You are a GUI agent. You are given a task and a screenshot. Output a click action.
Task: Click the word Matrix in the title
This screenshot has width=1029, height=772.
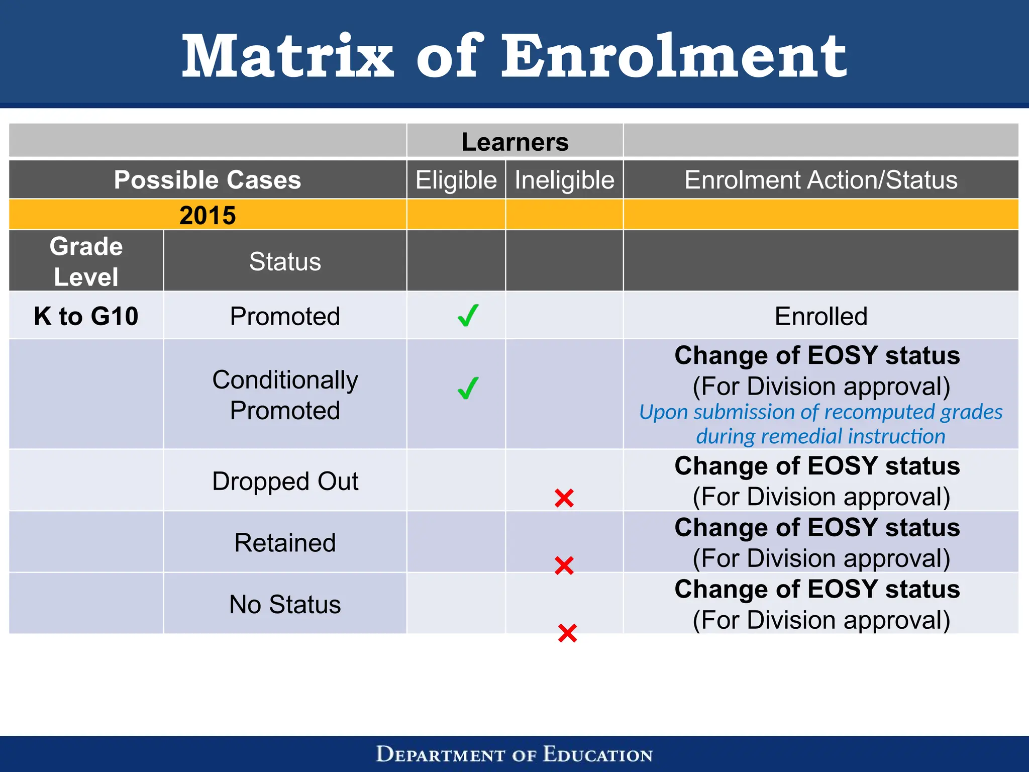coord(287,56)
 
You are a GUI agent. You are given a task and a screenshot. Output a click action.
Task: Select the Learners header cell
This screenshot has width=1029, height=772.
coord(514,142)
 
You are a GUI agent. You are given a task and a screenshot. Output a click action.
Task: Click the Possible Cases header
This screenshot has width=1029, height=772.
coord(207,180)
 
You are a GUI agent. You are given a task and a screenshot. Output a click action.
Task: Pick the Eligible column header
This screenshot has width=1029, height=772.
coord(456,180)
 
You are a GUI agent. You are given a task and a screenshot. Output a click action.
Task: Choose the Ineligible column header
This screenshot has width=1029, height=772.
coord(564,180)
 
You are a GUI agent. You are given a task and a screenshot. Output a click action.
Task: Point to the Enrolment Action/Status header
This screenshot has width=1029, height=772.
coord(820,180)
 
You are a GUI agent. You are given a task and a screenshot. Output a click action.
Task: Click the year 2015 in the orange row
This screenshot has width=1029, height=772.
coord(207,215)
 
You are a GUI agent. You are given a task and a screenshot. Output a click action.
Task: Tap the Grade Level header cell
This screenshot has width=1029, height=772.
coord(86,261)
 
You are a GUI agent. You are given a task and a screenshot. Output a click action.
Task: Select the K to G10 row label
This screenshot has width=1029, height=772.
coord(86,316)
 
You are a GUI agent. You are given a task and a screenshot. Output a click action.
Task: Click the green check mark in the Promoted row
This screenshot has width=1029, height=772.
coord(468,316)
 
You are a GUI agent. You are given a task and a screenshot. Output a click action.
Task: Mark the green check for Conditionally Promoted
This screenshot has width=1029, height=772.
coord(468,389)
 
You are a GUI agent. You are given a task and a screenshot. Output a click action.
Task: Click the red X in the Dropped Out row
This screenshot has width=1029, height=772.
coord(564,498)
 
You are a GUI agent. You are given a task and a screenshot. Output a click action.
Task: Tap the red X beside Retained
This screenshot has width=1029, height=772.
coord(564,565)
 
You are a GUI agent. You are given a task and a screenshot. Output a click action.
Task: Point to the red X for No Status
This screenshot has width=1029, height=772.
coord(567,633)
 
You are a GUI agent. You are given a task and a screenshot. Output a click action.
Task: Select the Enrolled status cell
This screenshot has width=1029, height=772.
coord(820,316)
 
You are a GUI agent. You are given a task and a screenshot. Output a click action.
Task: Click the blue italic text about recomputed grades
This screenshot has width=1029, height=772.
coord(820,424)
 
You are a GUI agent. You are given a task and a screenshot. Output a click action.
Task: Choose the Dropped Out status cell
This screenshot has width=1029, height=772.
coord(285,481)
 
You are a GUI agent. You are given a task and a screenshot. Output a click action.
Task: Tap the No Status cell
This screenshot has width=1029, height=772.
coord(285,604)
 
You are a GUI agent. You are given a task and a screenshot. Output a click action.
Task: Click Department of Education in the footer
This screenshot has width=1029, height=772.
coord(514,754)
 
